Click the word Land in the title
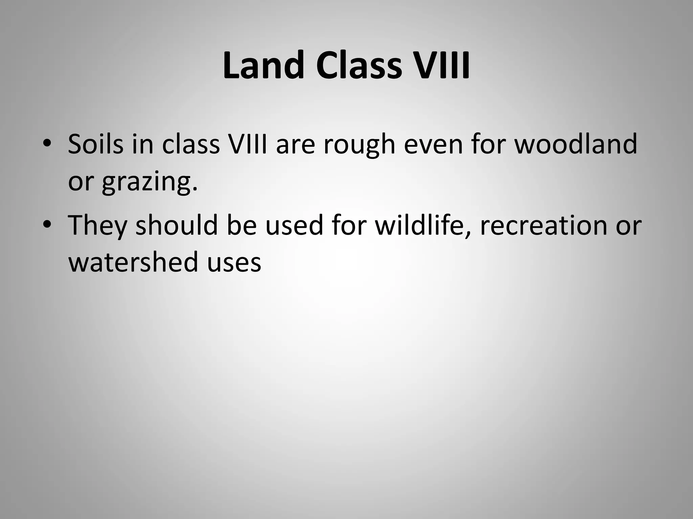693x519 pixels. [x=263, y=66]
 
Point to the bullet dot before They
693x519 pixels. [x=47, y=225]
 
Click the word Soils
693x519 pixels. [x=96, y=144]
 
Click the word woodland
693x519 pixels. [x=576, y=144]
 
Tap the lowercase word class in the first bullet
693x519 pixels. [x=191, y=144]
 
